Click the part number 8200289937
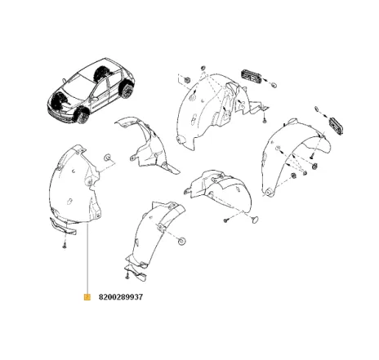coord(121,297)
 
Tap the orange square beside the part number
coord(87,297)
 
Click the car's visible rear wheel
coord(127,91)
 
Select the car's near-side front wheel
coord(82,115)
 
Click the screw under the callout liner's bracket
coord(65,246)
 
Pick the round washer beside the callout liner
coord(108,158)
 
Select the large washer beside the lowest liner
coord(181,241)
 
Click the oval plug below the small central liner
coord(255,220)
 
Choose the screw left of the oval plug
coord(225,220)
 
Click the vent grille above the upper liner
coord(251,76)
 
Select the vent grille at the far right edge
coord(336,126)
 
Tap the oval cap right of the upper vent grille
coord(274,84)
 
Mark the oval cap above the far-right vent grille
coord(318,109)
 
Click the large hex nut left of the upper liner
coord(186,80)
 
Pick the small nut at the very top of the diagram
coord(203,68)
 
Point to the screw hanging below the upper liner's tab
coord(264,120)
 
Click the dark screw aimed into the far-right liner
coord(311,157)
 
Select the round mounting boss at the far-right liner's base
coord(268,192)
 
